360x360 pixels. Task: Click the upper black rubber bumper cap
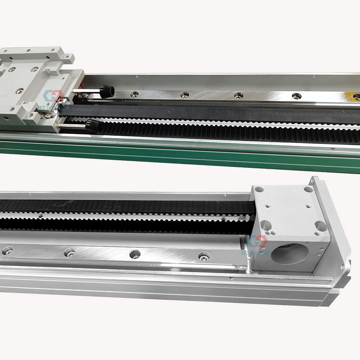pos(108,92)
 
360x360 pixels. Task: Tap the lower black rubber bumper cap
pos(94,124)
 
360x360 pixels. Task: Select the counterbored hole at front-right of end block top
pos(321,225)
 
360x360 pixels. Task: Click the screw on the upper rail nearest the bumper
pos(134,94)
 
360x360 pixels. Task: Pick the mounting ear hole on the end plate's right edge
pos(342,266)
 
